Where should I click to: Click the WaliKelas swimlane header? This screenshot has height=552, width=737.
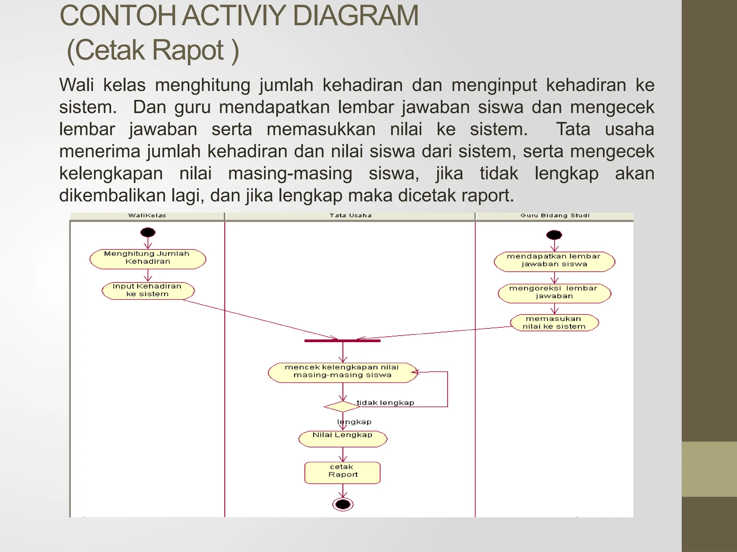(x=147, y=216)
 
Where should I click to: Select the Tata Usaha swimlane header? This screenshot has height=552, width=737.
(x=350, y=216)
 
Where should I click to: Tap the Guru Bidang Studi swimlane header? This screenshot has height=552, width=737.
(x=555, y=216)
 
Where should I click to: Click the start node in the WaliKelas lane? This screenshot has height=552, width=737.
(x=148, y=233)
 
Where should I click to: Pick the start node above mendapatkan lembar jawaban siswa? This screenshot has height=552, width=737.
(x=554, y=235)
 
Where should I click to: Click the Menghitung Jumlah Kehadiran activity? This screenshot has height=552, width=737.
(x=148, y=259)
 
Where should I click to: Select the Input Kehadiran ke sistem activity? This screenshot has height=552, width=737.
(x=148, y=290)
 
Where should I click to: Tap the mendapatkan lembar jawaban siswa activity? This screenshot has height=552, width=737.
(x=554, y=261)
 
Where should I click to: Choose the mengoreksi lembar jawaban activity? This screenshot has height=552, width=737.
(x=554, y=293)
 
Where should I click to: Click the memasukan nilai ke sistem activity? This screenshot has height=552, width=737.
(x=554, y=322)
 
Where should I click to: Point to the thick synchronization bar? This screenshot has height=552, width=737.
(x=342, y=340)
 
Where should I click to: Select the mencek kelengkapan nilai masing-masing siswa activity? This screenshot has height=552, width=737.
(x=342, y=372)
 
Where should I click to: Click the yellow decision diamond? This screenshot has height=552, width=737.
(x=342, y=406)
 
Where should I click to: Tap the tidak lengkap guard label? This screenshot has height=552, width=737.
(x=385, y=403)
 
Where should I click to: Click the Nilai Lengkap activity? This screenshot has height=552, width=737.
(x=343, y=438)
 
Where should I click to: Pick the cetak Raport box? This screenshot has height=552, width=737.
(x=343, y=472)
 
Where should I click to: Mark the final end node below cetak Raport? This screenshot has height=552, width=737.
(x=343, y=504)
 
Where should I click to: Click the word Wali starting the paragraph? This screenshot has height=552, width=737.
(x=76, y=85)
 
